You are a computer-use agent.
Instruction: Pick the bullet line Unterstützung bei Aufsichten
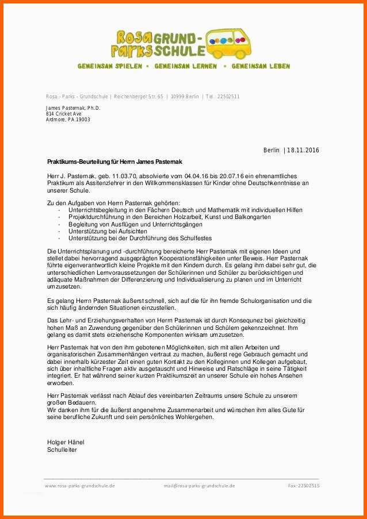(x=103, y=231)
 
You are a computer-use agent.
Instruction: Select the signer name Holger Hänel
(x=65, y=442)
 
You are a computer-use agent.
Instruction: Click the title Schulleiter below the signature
(x=62, y=449)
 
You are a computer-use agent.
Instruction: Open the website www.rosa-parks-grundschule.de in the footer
(x=79, y=486)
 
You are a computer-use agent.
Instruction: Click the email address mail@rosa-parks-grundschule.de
(x=199, y=486)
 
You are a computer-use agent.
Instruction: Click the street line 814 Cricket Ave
(x=64, y=114)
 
